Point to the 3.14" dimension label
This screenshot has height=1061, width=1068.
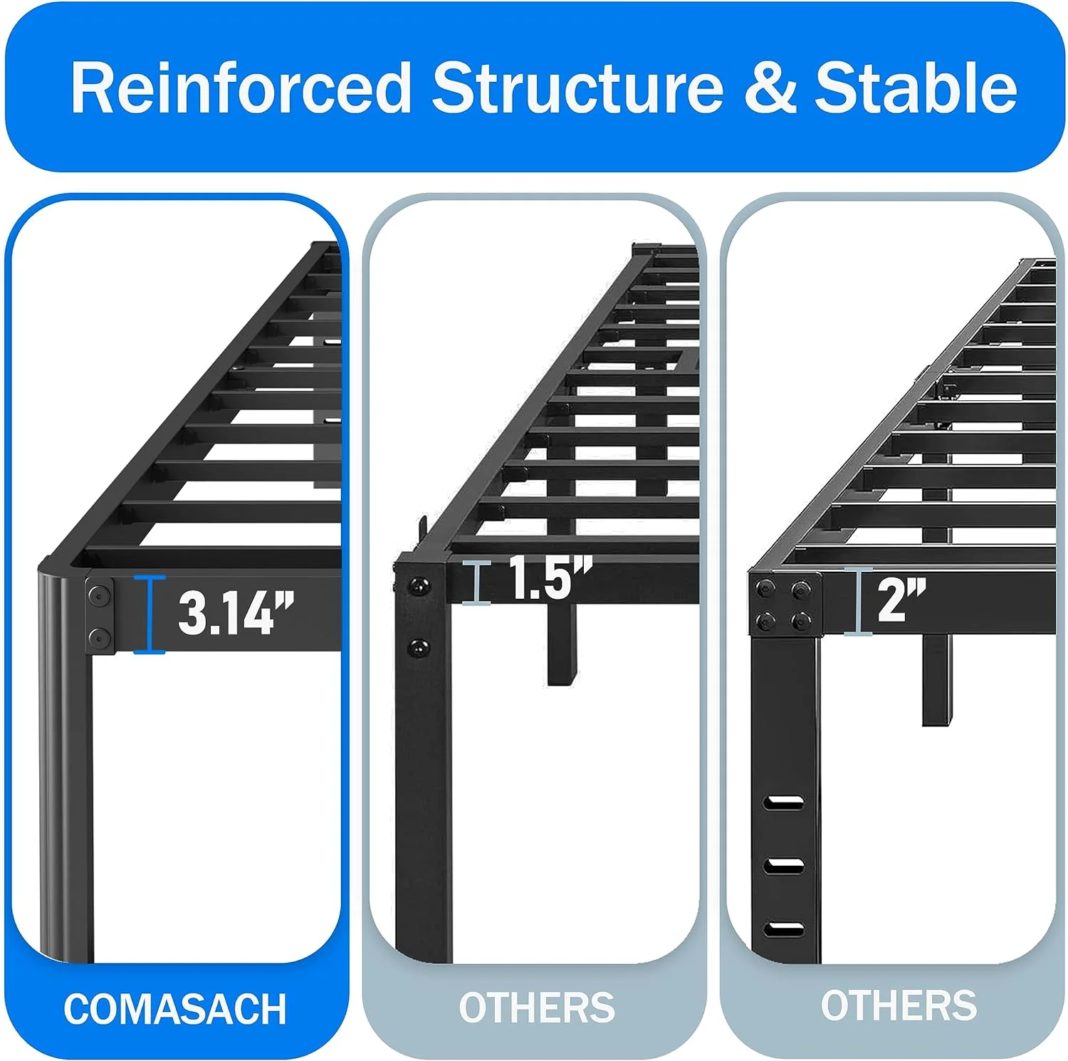236,612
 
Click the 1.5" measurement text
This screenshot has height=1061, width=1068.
550,577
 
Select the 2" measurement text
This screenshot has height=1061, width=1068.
901,600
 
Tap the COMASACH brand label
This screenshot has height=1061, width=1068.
175,1009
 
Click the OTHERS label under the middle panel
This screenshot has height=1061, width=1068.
537,1008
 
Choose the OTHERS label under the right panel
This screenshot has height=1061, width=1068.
899,1005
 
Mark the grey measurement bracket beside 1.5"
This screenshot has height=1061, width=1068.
476,582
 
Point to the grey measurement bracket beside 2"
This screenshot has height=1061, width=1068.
859,601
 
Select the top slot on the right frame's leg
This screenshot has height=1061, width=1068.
784,803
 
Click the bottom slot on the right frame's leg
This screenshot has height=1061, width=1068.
784,929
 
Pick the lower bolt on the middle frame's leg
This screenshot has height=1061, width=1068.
419,648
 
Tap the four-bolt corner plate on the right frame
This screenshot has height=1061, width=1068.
785,605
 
